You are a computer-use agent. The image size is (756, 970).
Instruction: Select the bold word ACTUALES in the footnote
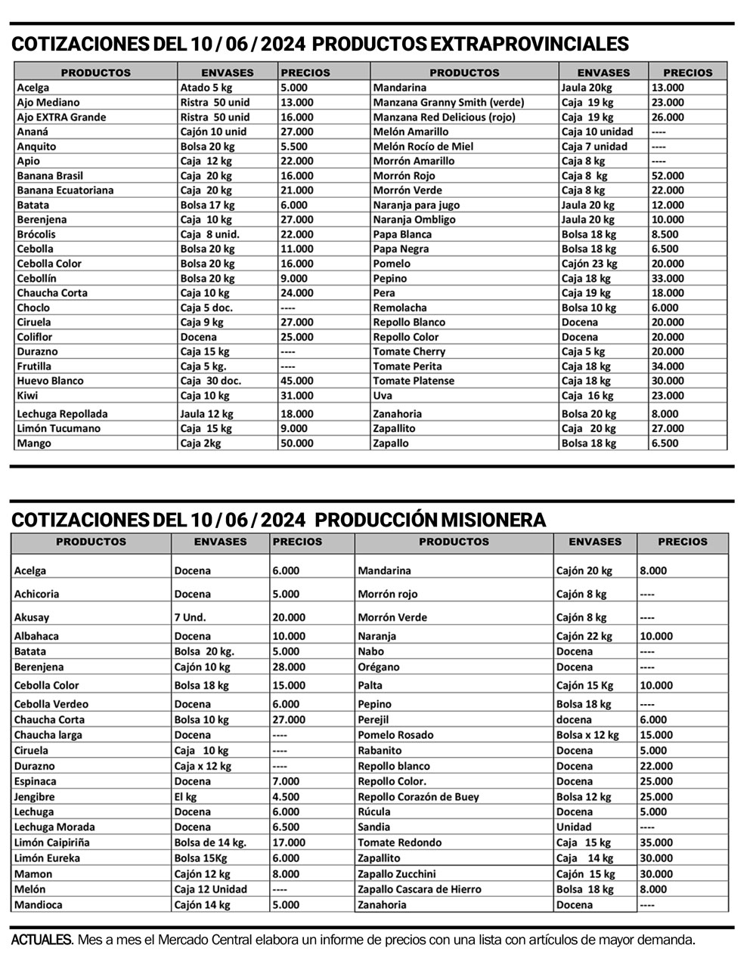42,941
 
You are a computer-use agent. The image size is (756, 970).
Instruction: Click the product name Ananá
33,131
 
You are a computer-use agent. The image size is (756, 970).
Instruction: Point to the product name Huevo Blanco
50,381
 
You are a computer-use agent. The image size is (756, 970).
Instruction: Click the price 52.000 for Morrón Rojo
667,175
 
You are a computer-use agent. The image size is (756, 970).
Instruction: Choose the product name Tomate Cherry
409,351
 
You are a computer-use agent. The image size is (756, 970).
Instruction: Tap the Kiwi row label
27,395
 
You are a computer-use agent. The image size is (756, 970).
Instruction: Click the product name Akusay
31,617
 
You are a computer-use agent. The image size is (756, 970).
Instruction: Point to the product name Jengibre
35,796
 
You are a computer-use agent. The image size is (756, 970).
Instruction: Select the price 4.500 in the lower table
286,796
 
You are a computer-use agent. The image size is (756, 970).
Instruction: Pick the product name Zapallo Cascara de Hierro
419,889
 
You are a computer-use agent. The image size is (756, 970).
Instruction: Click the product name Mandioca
38,904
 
